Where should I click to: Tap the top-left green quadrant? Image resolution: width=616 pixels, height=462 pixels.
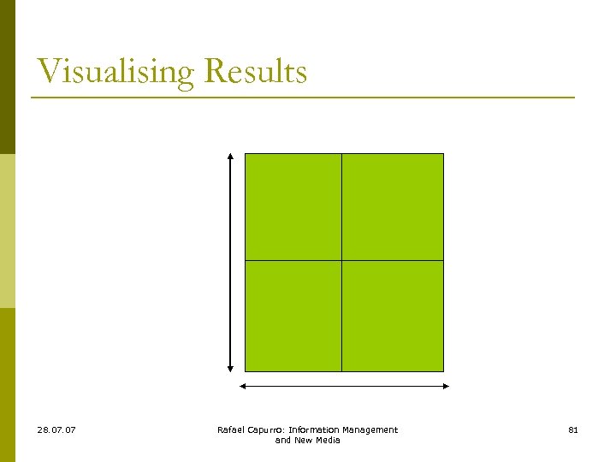click(x=293, y=206)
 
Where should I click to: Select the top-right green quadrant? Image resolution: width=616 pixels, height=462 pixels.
click(x=393, y=206)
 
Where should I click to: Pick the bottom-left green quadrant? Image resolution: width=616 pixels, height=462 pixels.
click(x=293, y=316)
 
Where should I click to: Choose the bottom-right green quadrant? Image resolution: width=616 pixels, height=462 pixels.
click(x=393, y=316)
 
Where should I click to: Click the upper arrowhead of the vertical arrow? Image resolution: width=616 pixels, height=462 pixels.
click(x=230, y=157)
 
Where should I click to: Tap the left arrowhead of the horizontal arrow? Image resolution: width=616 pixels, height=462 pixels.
click(x=243, y=386)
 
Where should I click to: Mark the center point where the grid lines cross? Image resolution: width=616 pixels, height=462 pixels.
click(x=341, y=260)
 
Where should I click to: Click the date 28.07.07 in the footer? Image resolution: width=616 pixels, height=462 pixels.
click(x=56, y=429)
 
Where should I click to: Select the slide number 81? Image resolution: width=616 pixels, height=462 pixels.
click(x=573, y=429)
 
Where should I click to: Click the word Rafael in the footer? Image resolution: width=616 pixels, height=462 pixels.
click(x=230, y=429)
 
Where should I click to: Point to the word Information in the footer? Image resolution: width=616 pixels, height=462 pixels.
click(x=316, y=429)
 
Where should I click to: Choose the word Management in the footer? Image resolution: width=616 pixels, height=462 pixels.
click(x=370, y=429)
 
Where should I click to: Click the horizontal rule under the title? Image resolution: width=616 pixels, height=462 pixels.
click(x=303, y=98)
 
